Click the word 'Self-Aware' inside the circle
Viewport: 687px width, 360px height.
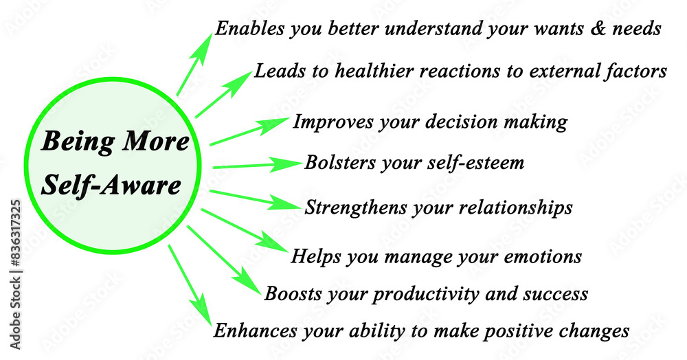click(111, 185)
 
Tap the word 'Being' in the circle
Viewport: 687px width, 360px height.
click(78, 142)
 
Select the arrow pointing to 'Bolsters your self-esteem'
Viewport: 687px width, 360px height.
click(258, 165)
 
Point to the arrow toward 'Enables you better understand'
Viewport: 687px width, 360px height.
click(194, 63)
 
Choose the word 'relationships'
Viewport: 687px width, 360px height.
click(515, 207)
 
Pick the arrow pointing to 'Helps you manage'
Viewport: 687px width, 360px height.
click(245, 230)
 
